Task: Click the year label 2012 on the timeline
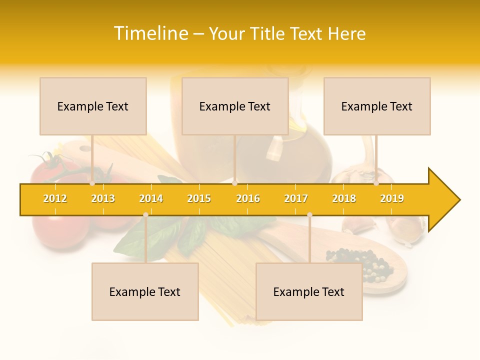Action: pos(55,198)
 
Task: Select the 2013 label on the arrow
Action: pos(103,198)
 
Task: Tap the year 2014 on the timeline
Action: pos(151,198)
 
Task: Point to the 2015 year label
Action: pos(199,198)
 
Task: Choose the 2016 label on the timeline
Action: pos(248,198)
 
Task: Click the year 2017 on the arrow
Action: pos(296,198)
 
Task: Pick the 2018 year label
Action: pos(344,198)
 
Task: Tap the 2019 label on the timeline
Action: pos(392,198)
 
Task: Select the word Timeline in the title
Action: pos(150,33)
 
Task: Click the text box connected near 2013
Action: pos(93,106)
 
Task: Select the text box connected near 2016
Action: pos(235,106)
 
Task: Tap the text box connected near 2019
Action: pos(377,106)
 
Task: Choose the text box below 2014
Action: pos(145,291)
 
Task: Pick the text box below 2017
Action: pos(309,291)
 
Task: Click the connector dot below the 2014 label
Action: pos(145,214)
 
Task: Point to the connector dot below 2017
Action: pos(309,214)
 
